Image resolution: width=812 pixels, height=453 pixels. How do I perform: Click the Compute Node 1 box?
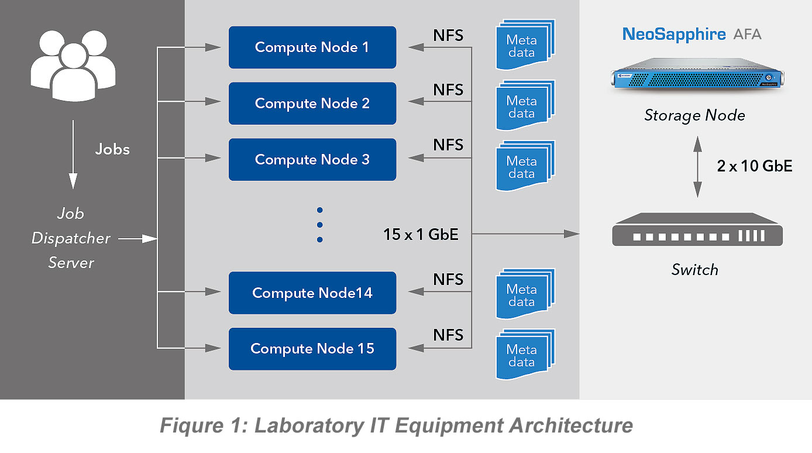click(312, 47)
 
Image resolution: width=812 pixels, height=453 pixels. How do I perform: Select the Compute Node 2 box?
click(312, 104)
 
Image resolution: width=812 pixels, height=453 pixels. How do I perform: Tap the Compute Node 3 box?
click(312, 160)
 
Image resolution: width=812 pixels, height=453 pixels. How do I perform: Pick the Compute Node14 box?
click(312, 293)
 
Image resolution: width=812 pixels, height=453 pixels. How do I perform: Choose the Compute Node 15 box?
click(312, 349)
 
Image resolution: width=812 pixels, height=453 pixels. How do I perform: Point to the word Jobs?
click(112, 149)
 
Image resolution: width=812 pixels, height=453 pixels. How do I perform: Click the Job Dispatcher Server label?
click(71, 238)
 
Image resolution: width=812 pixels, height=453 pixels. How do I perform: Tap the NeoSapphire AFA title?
click(691, 34)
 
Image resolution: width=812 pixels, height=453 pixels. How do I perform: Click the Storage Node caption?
click(694, 115)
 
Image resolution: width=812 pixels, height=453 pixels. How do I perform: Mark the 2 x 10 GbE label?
click(755, 166)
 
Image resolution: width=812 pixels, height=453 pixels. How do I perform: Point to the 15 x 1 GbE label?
click(421, 235)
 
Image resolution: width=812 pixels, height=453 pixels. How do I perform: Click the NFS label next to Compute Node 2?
click(448, 91)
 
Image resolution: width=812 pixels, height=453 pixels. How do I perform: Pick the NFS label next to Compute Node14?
click(448, 280)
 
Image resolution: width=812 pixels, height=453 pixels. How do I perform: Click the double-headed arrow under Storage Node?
click(697, 166)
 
